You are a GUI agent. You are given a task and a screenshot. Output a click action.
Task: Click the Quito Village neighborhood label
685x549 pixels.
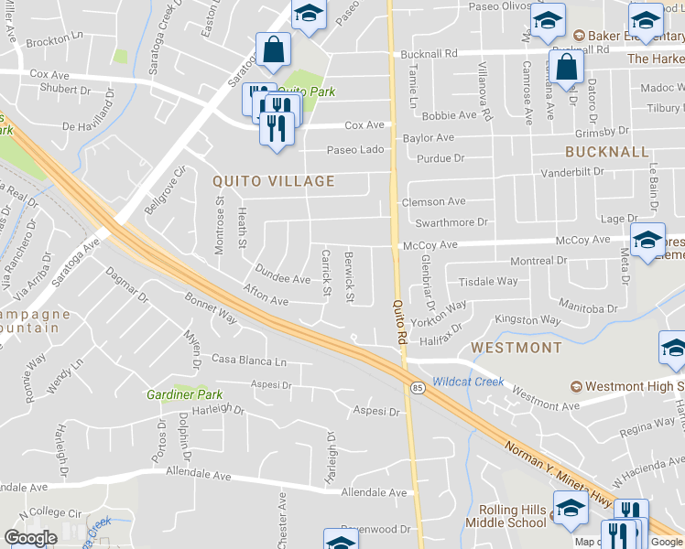[274, 181]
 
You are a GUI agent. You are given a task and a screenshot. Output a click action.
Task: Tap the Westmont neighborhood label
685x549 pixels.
[516, 348]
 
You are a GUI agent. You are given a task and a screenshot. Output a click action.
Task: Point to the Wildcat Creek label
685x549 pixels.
[468, 381]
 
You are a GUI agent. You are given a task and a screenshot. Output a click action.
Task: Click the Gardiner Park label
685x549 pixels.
[185, 394]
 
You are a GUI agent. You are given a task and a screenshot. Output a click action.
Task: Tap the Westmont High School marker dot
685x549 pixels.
[577, 387]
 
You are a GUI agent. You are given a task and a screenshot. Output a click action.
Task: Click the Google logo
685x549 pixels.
[30, 538]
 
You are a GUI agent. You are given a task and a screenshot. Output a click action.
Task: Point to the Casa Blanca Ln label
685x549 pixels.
[249, 361]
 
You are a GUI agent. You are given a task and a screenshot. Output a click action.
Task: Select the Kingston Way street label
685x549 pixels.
[527, 320]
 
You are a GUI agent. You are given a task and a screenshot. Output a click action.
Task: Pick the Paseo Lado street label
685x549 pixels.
[356, 149]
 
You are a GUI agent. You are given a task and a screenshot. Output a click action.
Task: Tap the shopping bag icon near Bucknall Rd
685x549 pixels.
[567, 67]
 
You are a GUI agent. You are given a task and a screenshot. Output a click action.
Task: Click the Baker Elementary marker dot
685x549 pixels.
[578, 37]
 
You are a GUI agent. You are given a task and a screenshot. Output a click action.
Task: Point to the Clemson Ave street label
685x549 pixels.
[434, 201]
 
